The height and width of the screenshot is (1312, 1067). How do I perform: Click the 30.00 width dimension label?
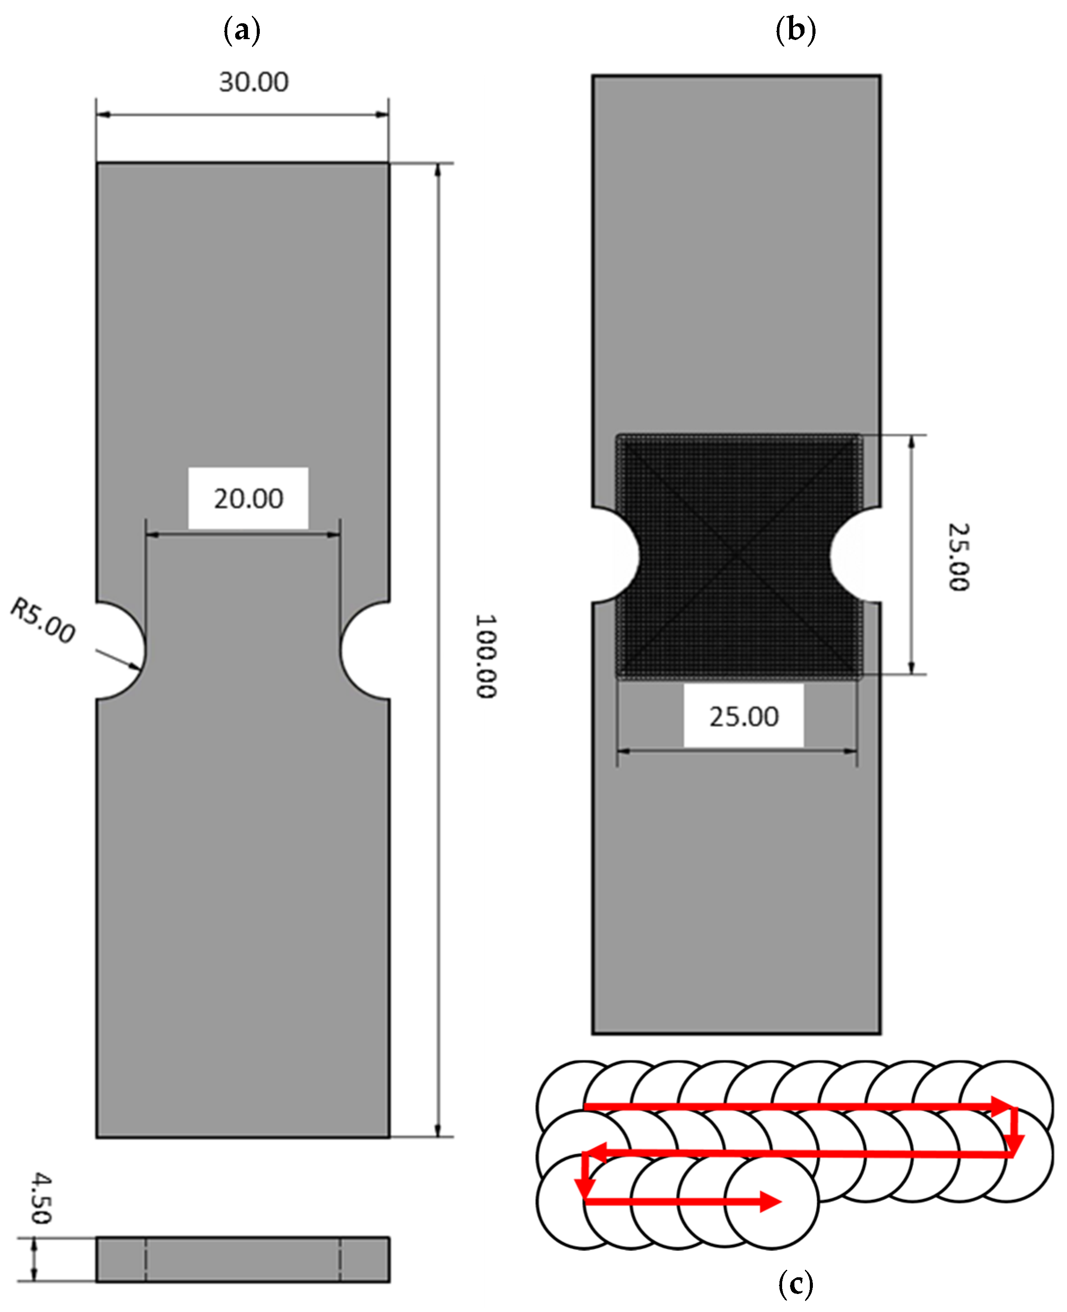point(253,82)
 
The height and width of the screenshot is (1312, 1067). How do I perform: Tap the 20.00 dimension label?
point(248,498)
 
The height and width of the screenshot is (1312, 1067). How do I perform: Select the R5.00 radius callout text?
point(43,620)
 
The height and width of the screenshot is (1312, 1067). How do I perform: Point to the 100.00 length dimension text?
point(485,656)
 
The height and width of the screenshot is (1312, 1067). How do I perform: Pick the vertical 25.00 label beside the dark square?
point(958,557)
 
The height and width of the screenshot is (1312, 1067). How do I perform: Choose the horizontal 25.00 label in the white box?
point(744,716)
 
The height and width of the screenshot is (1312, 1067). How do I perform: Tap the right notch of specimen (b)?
point(856,555)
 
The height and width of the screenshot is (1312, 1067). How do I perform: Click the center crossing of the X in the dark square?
point(738,555)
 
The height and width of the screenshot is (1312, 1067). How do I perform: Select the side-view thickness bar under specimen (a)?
point(243,1259)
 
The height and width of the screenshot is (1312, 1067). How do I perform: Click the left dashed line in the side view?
point(146,1259)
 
